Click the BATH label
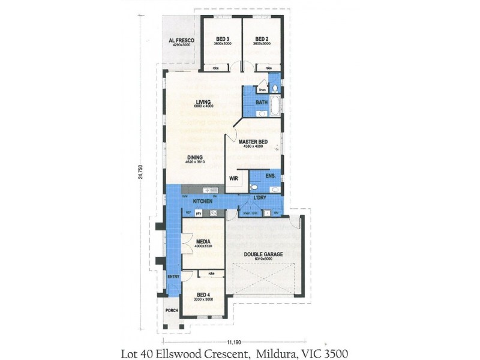(262, 103)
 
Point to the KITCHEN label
(202, 200)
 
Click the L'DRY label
(260, 197)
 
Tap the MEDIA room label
(203, 242)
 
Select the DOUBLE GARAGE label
(263, 254)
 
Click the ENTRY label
(173, 277)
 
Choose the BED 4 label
(204, 295)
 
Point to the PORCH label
(172, 311)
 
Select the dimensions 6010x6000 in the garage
(263, 259)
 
